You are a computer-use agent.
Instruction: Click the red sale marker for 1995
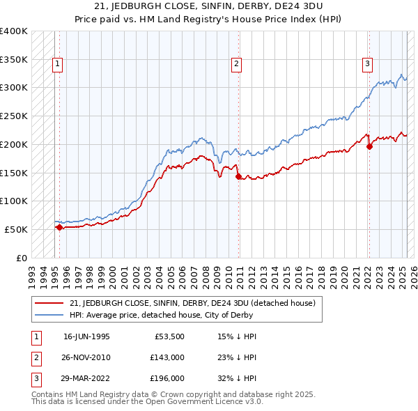coord(59,226)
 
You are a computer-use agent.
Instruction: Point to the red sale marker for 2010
coord(238,176)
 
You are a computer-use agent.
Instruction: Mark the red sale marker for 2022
coord(369,146)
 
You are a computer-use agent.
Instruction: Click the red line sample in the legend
coord(49,303)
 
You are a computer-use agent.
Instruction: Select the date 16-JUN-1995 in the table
coord(86,336)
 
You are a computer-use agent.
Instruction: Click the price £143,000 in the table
coord(167,357)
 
